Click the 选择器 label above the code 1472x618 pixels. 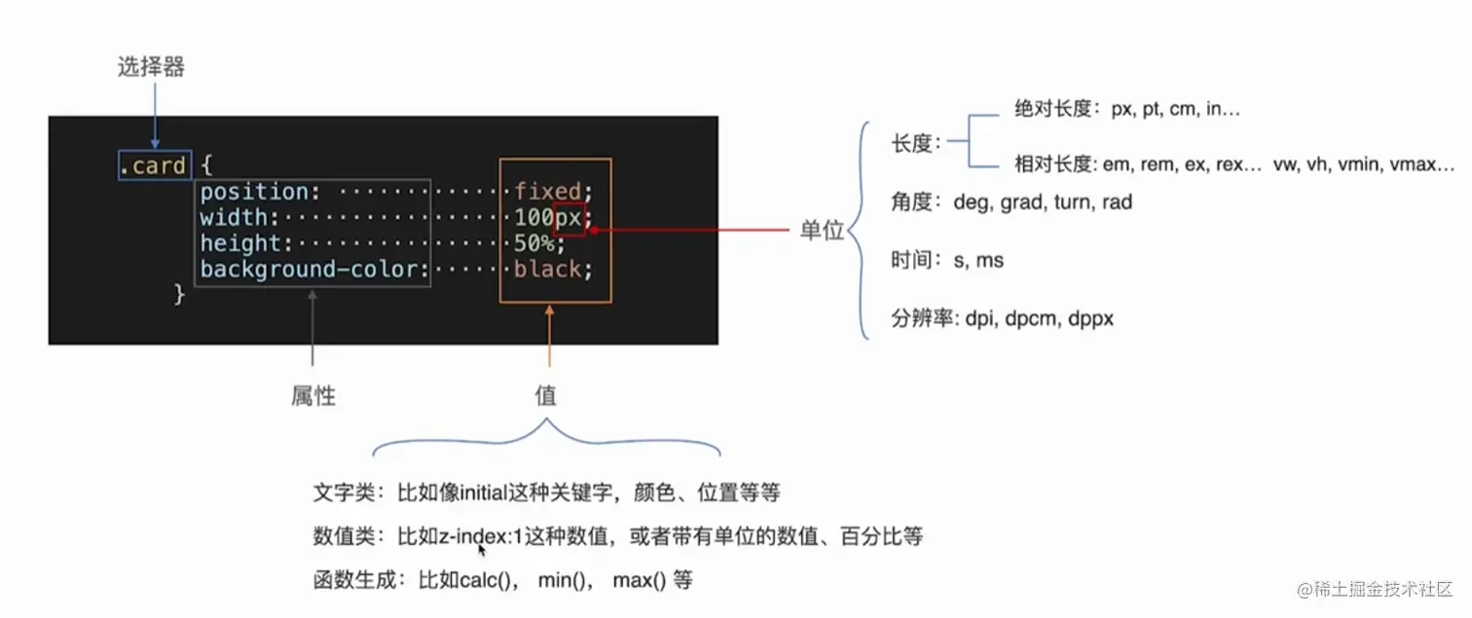(x=151, y=67)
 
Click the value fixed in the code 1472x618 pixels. (x=547, y=191)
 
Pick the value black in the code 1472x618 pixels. (x=547, y=270)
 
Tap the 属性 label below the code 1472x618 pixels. (x=313, y=395)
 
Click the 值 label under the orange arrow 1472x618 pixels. (x=545, y=395)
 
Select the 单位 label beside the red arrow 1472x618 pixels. (x=822, y=231)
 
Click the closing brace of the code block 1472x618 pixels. (x=179, y=293)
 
